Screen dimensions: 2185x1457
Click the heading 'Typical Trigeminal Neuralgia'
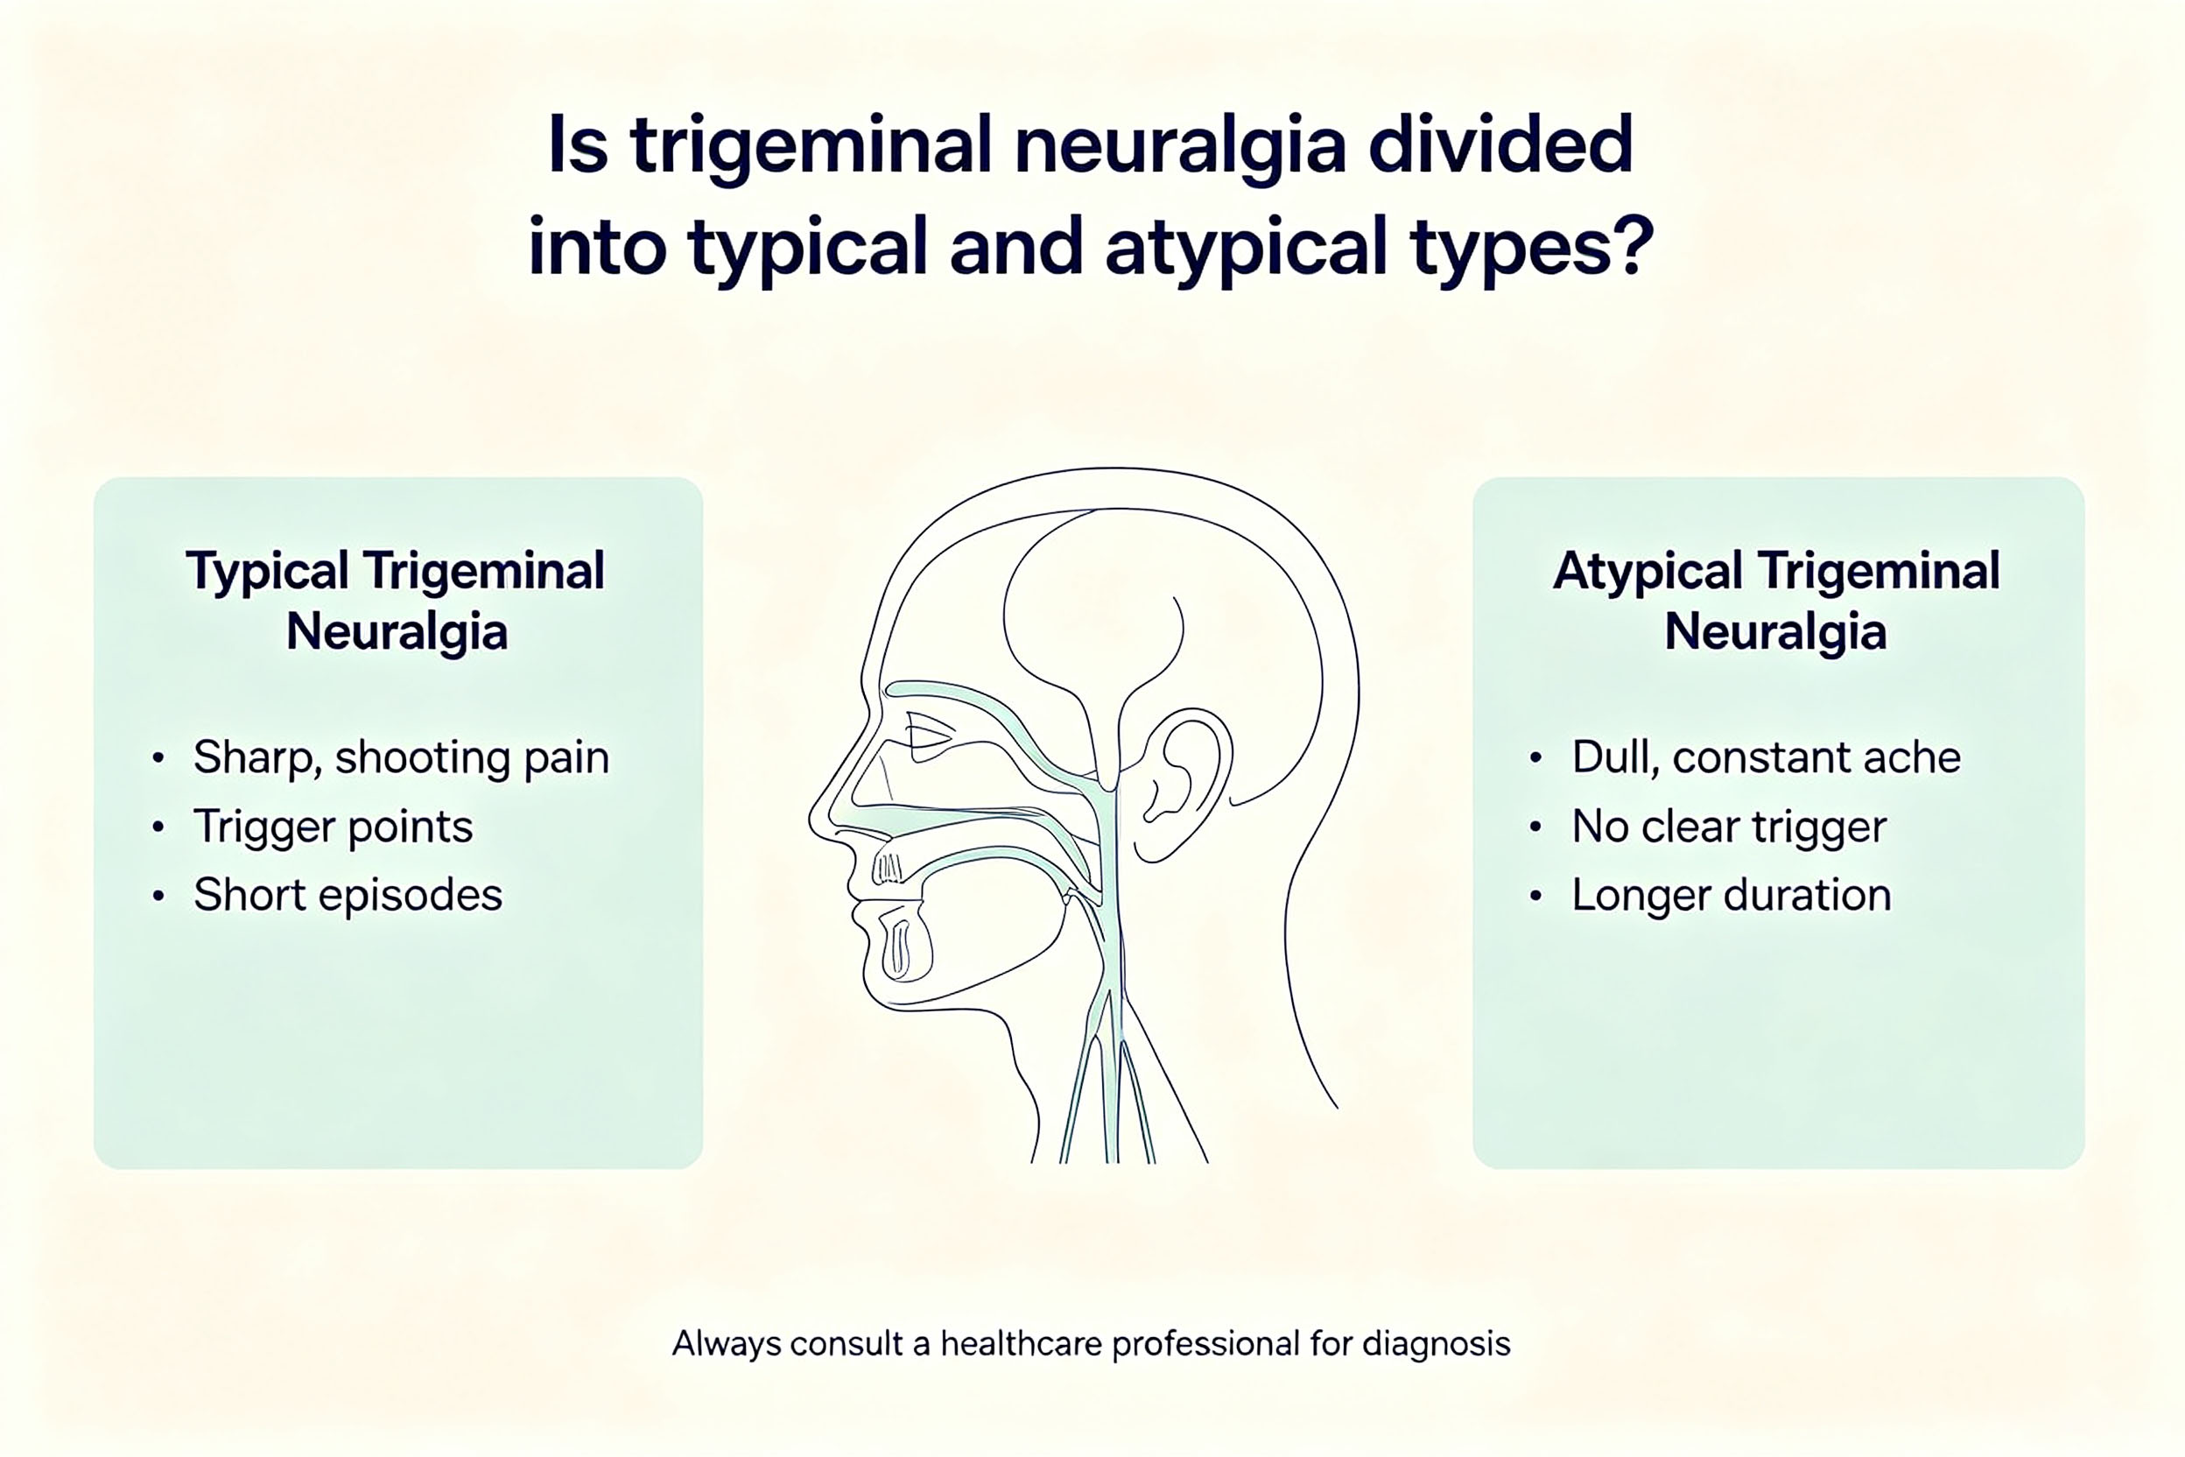click(396, 602)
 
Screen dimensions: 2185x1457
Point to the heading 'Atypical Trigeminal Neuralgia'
click(1776, 602)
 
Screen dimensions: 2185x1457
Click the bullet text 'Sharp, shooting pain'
click(401, 758)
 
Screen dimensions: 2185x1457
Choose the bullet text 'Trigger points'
click(333, 827)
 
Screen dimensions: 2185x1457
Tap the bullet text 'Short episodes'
click(348, 895)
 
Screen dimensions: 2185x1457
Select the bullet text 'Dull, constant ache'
click(1766, 757)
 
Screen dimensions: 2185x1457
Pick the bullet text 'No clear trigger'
click(1729, 827)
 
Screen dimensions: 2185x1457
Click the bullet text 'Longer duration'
click(1732, 896)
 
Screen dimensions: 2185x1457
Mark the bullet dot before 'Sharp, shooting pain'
click(158, 758)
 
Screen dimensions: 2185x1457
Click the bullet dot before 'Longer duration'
click(1535, 896)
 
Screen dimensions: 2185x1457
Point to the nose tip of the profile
click(813, 823)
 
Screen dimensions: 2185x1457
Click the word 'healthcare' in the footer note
click(1022, 1344)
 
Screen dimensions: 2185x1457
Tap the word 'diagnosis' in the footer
click(1437, 1345)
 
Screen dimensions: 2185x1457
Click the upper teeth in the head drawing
click(887, 868)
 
